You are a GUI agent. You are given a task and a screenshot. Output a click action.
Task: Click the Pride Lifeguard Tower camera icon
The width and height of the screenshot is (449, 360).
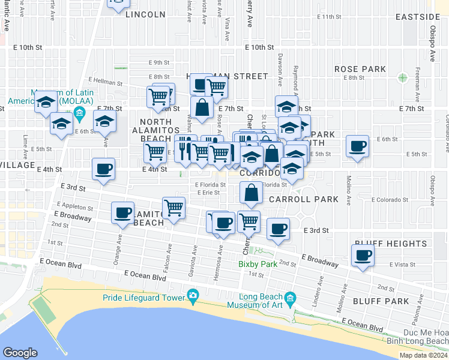[x=193, y=295]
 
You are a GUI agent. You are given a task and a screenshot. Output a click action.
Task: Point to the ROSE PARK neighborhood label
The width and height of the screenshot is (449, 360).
[x=360, y=69]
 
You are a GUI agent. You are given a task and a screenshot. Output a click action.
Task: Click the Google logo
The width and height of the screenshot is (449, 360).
[x=20, y=353]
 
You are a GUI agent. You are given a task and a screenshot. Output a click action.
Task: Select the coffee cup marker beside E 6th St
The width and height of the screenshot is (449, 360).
[x=358, y=146]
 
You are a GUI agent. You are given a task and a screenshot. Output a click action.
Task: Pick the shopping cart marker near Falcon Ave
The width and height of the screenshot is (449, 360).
[x=173, y=208]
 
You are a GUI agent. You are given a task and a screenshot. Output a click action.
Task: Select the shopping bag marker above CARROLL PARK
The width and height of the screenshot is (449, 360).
[x=251, y=193]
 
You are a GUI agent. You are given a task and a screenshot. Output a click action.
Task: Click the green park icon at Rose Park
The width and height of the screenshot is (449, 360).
[x=402, y=77]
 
